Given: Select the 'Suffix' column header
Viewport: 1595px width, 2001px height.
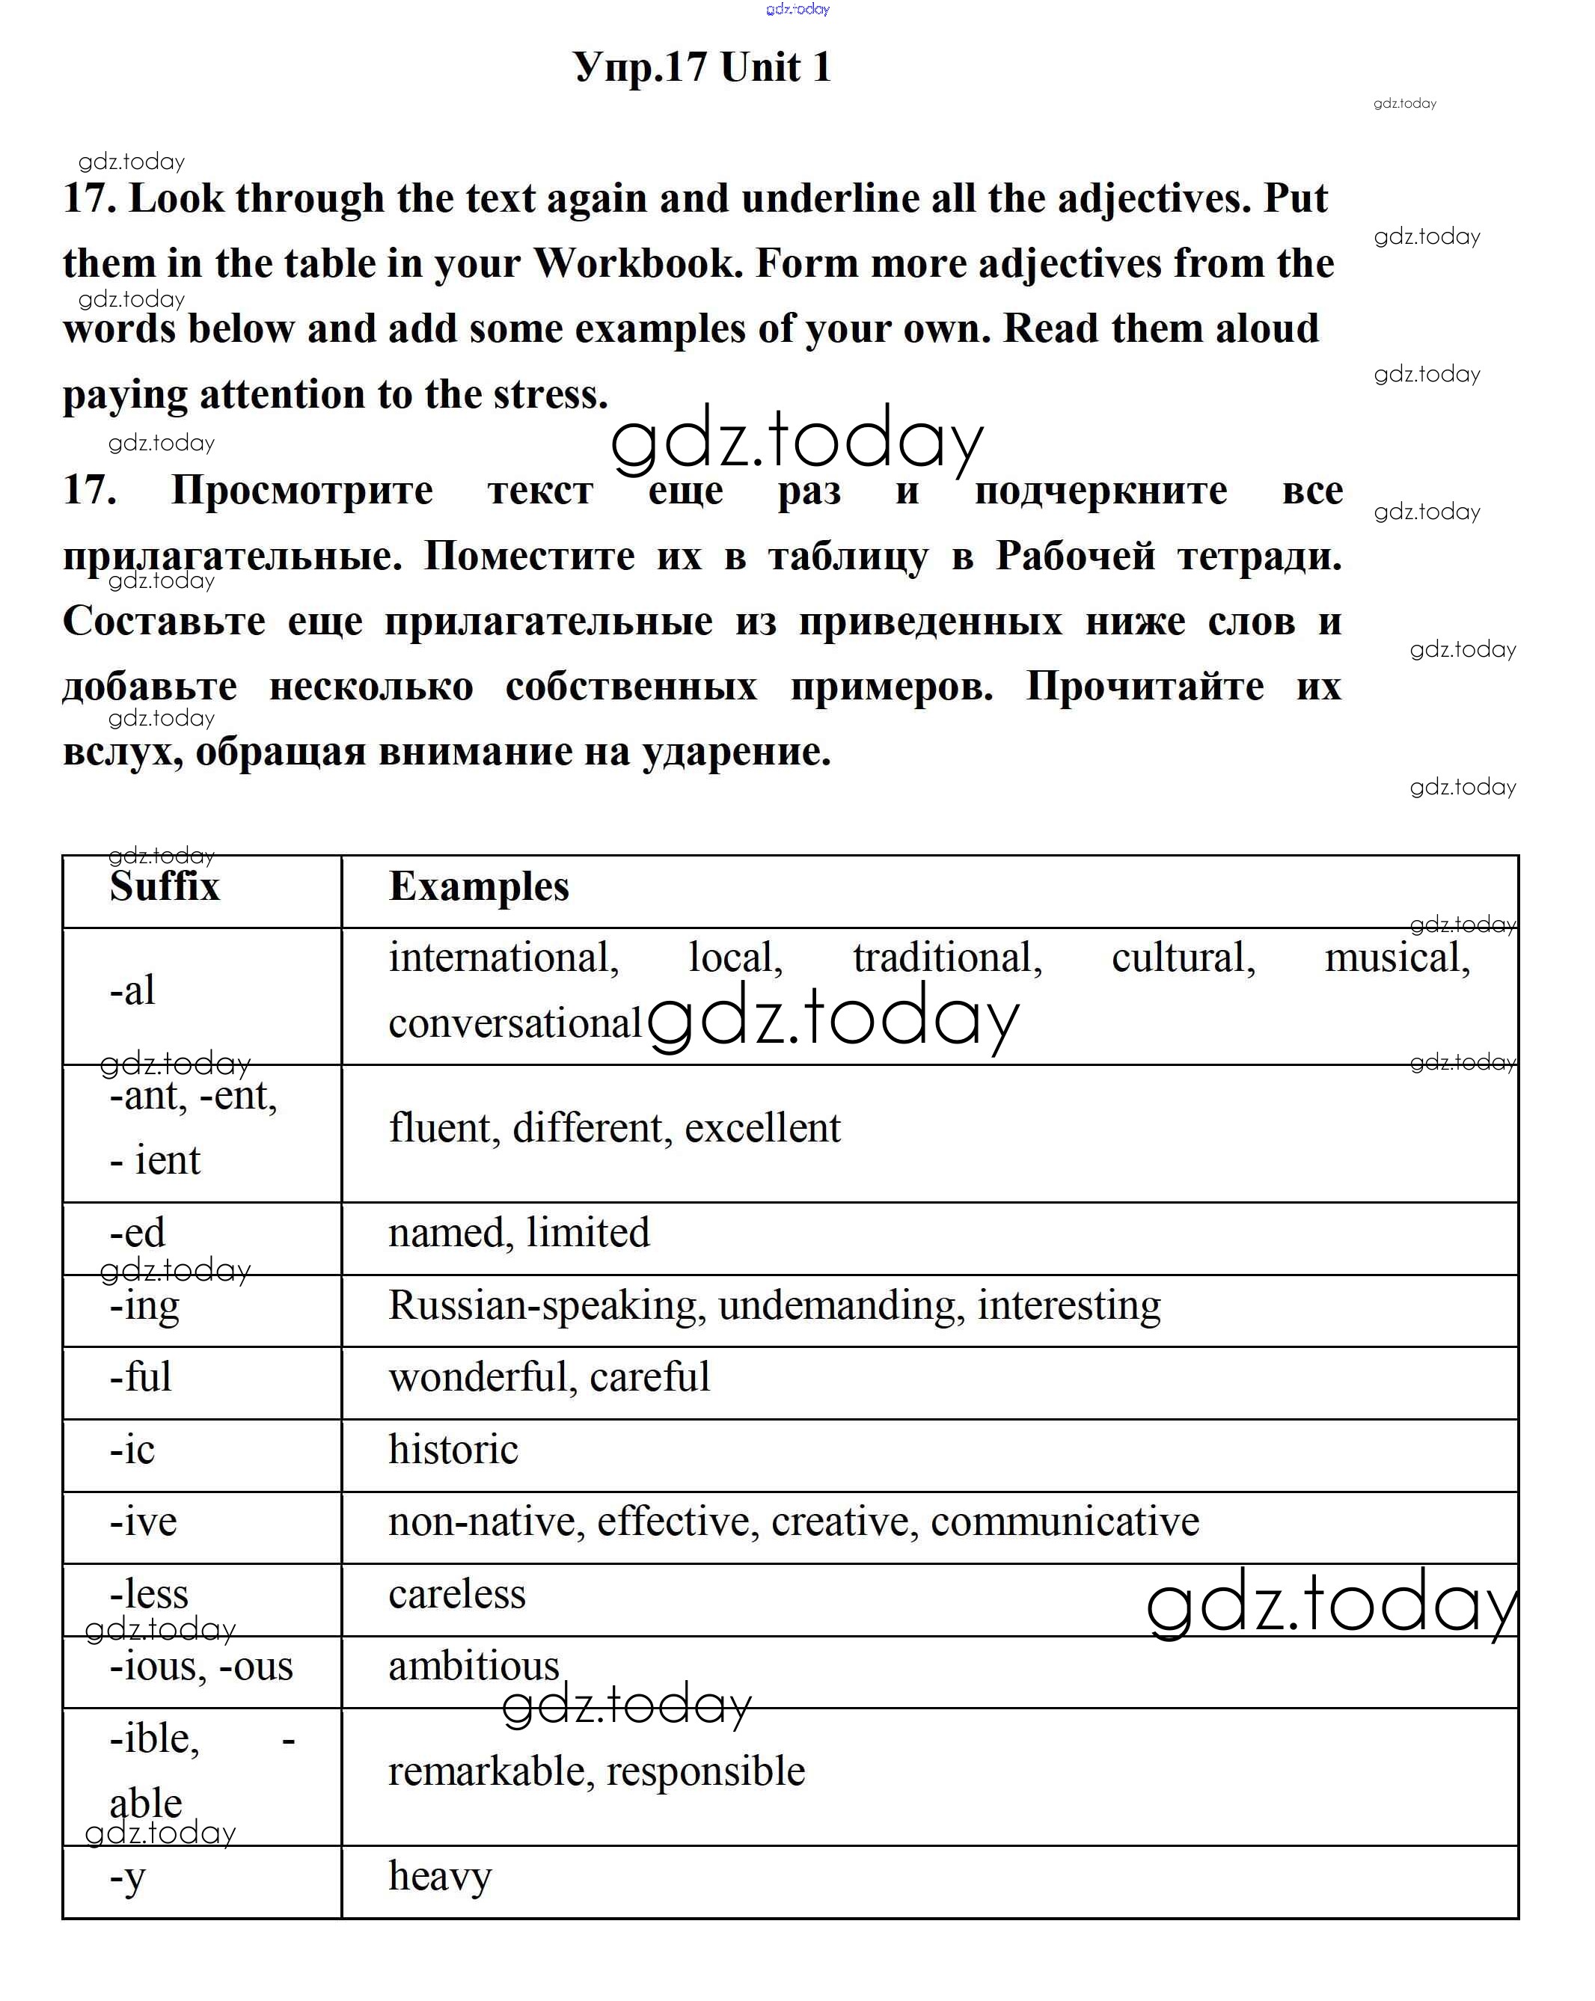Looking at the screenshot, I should coord(165,886).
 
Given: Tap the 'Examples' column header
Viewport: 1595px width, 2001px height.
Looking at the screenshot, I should coord(478,886).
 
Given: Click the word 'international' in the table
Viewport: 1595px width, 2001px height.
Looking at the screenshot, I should coord(502,957).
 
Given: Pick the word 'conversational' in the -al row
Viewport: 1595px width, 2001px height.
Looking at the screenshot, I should coord(515,1023).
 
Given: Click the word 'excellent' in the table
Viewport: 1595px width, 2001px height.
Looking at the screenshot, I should coord(762,1127).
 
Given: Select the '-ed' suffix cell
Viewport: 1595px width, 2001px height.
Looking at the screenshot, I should coord(138,1233).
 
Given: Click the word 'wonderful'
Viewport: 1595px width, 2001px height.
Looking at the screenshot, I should coord(477,1376).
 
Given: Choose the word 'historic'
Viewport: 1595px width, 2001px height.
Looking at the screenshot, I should coord(453,1449).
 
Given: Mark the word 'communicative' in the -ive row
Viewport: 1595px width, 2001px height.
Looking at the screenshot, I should coord(1065,1522).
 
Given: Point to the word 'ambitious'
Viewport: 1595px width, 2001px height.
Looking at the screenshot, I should coord(474,1666).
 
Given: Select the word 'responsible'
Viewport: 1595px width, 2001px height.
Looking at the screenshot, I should coord(705,1771).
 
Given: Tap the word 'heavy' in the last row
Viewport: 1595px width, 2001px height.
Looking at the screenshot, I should coord(439,1877).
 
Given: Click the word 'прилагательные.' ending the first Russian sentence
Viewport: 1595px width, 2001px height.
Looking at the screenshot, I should coord(232,556).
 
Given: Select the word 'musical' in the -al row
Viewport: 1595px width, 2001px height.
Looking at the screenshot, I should coord(1396,957).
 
